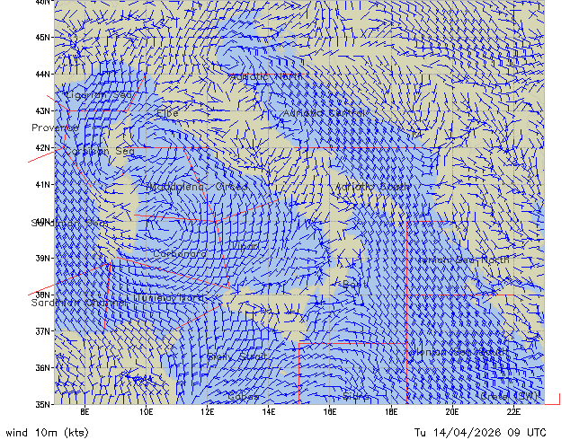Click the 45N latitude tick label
[42, 38]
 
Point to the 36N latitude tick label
[42, 367]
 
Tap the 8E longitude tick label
[85, 412]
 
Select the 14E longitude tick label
[268, 412]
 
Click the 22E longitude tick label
[512, 412]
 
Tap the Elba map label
[167, 113]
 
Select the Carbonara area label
[179, 254]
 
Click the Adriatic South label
[372, 187]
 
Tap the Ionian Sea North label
[463, 260]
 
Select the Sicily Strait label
[237, 356]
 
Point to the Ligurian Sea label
[99, 95]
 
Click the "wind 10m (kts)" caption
[47, 432]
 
